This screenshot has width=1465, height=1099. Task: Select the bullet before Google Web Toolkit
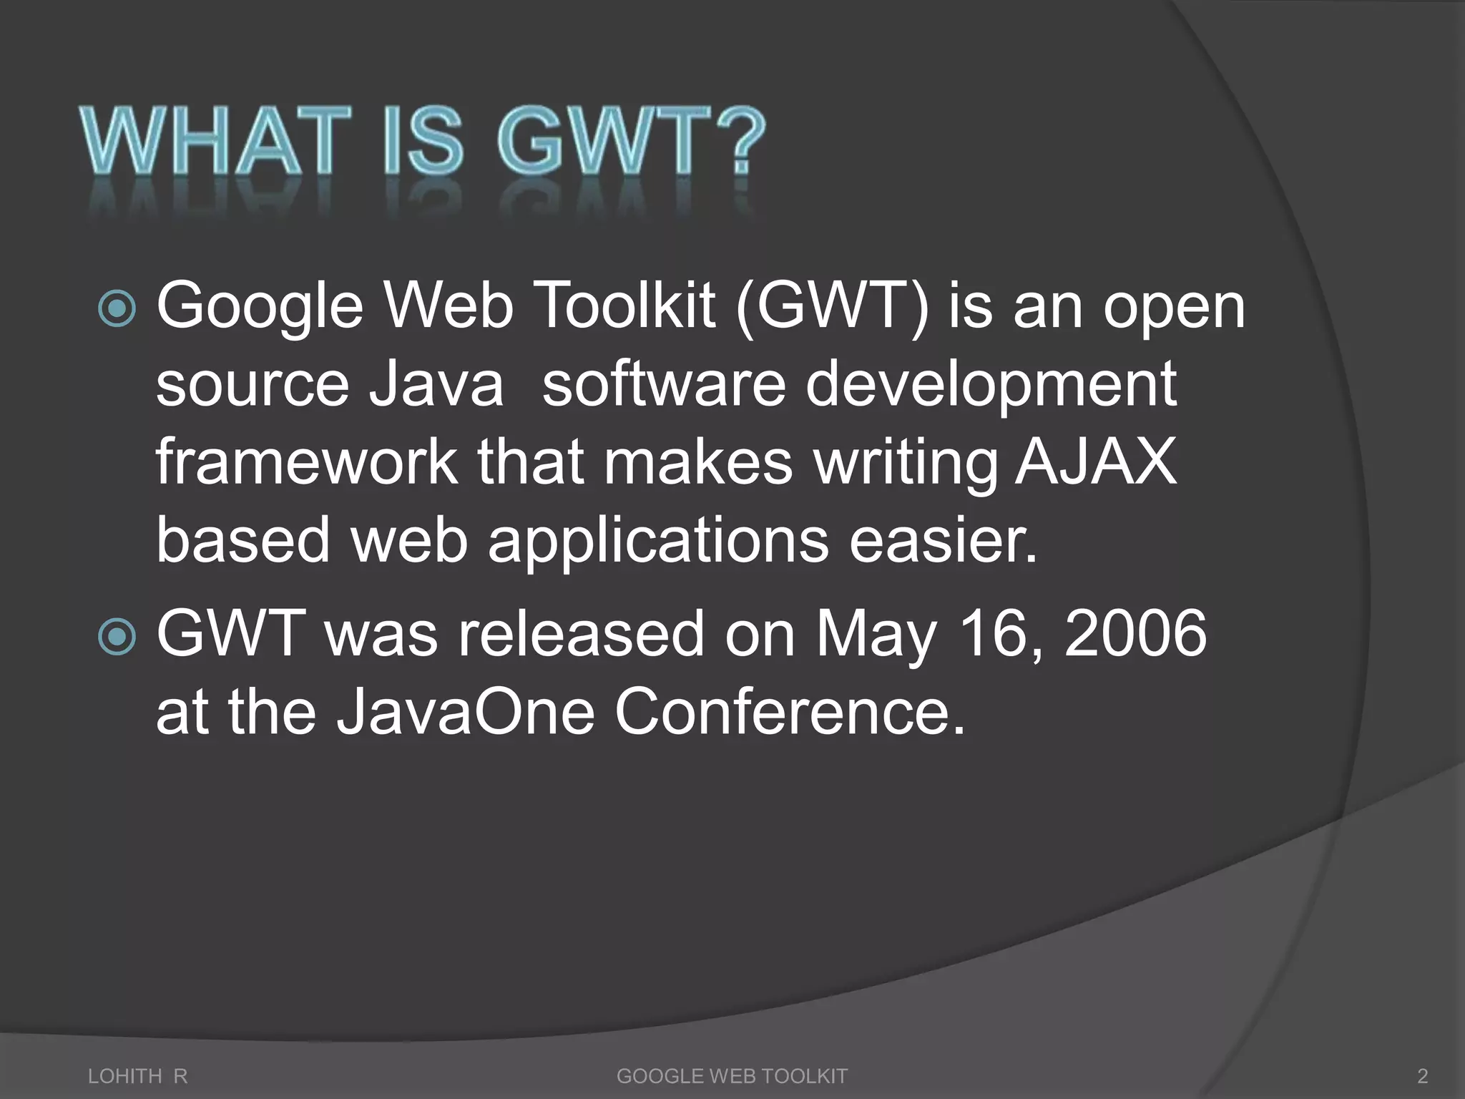coord(116,309)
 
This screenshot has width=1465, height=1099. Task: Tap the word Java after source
coord(436,384)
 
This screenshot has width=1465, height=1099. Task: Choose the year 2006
coord(1136,633)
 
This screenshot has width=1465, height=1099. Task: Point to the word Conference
coord(790,712)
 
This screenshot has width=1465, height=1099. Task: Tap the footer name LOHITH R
coord(137,1076)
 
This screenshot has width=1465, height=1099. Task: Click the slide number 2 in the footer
coord(1422,1076)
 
